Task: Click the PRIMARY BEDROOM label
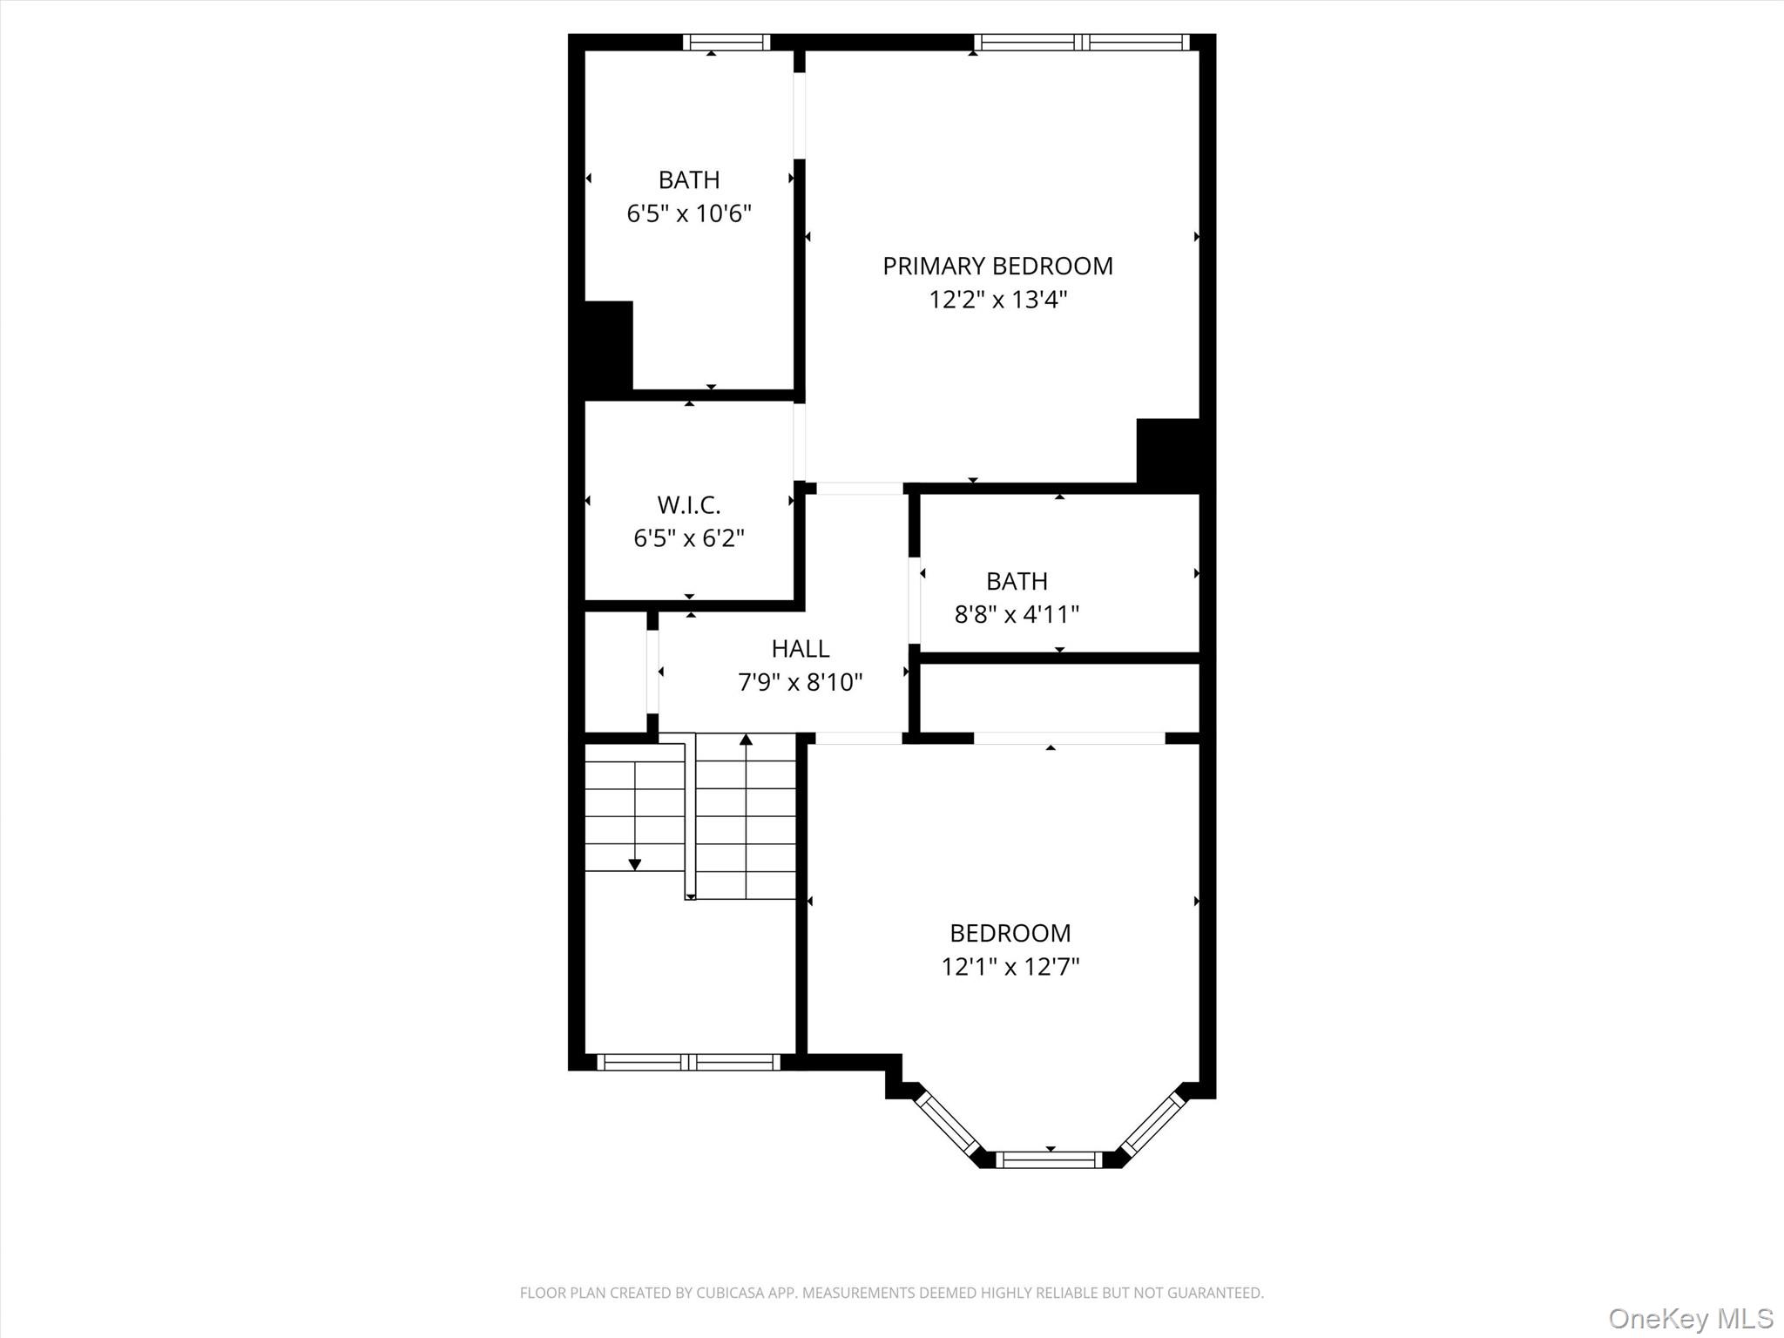[x=997, y=267]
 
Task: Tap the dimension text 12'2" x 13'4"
[x=997, y=300]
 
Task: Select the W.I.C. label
[x=688, y=505]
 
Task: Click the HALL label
[x=800, y=649]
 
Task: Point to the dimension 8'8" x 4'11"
[x=1017, y=615]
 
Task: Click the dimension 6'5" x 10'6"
[x=688, y=213]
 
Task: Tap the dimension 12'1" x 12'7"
[x=1010, y=967]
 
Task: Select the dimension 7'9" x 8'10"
[x=800, y=682]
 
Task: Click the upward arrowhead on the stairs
[x=746, y=740]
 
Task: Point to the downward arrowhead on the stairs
[x=634, y=864]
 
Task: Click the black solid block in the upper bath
[x=607, y=347]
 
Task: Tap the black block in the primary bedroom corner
[x=1168, y=450]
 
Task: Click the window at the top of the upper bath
[x=726, y=42]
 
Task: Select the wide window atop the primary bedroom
[x=1081, y=42]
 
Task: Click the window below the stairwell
[x=688, y=1062]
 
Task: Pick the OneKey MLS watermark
[x=1690, y=1318]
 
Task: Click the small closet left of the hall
[x=615, y=672]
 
